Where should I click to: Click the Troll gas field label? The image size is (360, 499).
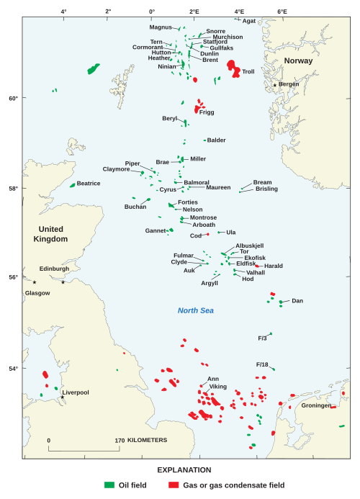pyautogui.click(x=248, y=72)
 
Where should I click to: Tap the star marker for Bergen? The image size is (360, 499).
pyautogui.click(x=275, y=85)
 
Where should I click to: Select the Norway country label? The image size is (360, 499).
pyautogui.click(x=298, y=60)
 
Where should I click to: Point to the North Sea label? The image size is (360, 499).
pyautogui.click(x=196, y=310)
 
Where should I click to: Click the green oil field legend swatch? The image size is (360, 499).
pyautogui.click(x=110, y=485)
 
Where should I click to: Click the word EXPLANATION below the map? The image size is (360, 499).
pyautogui.click(x=180, y=469)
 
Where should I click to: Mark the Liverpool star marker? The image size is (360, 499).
pyautogui.click(x=63, y=397)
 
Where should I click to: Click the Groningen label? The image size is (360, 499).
pyautogui.click(x=316, y=405)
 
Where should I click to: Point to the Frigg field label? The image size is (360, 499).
pyautogui.click(x=206, y=112)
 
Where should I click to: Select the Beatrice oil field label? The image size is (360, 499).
pyautogui.click(x=89, y=184)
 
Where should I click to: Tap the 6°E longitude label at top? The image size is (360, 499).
pyautogui.click(x=282, y=12)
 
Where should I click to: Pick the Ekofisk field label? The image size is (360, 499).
pyautogui.click(x=255, y=257)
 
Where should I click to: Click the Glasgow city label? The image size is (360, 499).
pyautogui.click(x=37, y=293)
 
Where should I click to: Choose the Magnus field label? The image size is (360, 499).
pyautogui.click(x=161, y=27)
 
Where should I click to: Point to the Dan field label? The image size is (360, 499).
pyautogui.click(x=297, y=300)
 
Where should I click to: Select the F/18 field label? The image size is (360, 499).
pyautogui.click(x=262, y=364)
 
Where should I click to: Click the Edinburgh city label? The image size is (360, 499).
pyautogui.click(x=54, y=269)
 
